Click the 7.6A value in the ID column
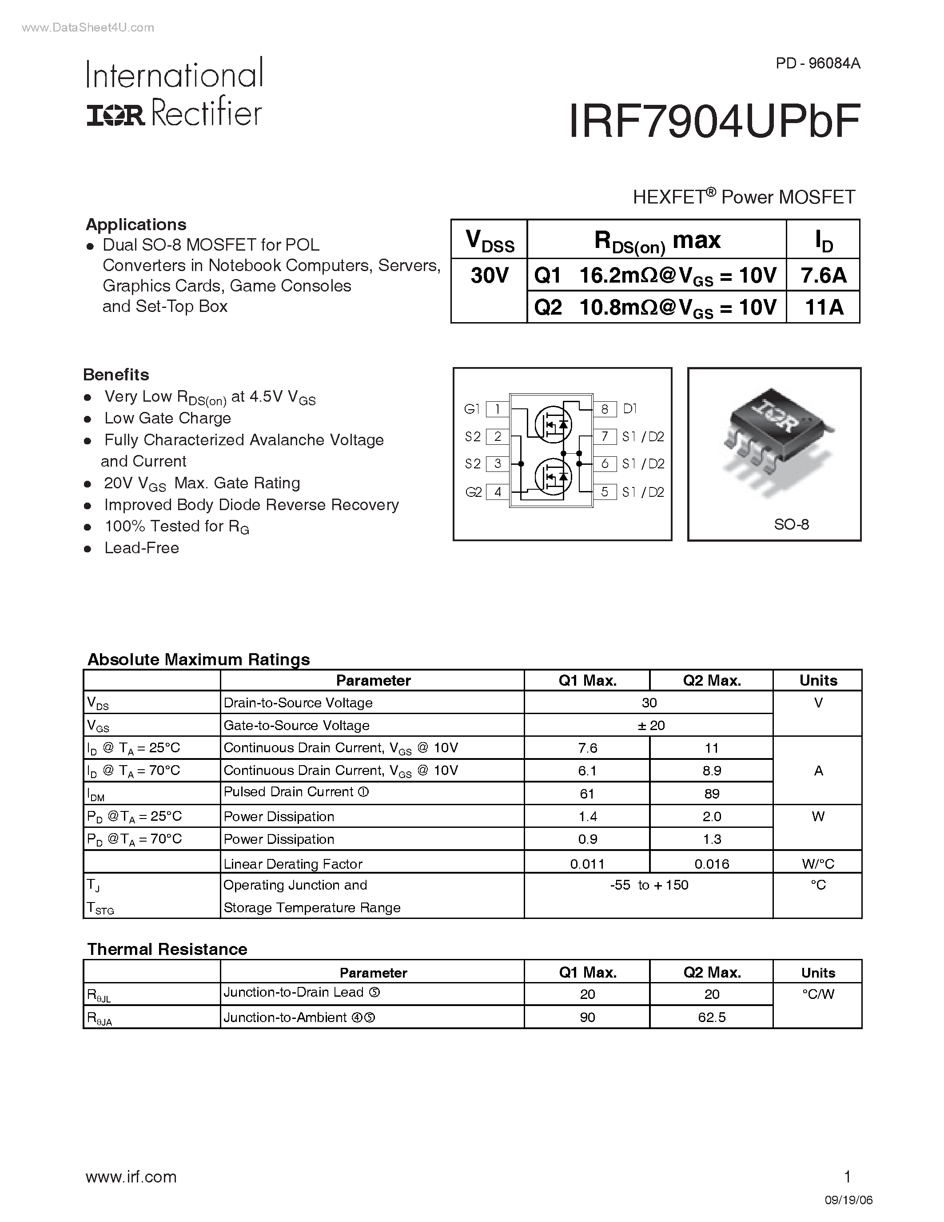tap(823, 276)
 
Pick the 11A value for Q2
tap(823, 307)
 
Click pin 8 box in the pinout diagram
tap(605, 409)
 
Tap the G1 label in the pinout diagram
tap(472, 409)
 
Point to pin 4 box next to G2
tap(497, 492)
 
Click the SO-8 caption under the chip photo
tap(791, 524)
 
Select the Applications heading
tap(136, 224)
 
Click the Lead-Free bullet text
tap(141, 548)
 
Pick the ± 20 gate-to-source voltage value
tap(650, 726)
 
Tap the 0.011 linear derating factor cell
tap(587, 864)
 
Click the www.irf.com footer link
tap(131, 1177)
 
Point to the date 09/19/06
tap(848, 1200)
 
